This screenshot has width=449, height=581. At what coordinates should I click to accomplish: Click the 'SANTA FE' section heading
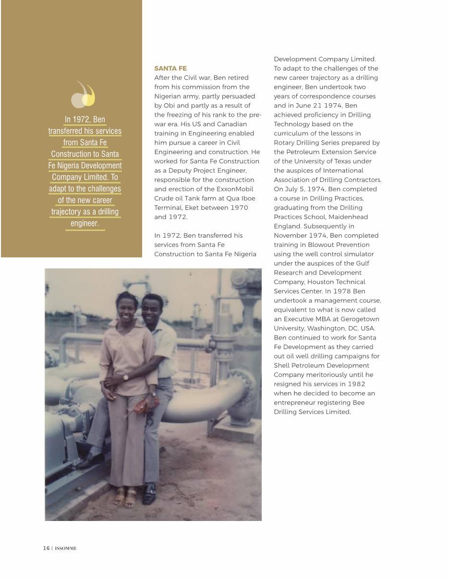tap(170, 69)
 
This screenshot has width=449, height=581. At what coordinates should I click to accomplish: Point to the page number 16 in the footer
tap(46, 548)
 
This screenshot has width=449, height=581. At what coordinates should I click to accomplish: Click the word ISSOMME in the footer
tap(66, 548)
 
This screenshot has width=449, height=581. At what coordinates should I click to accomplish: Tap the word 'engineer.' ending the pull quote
tap(85, 224)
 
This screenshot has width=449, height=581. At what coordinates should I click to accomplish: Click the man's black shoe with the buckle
tap(150, 494)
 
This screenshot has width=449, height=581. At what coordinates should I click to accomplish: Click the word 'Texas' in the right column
tap(339, 161)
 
